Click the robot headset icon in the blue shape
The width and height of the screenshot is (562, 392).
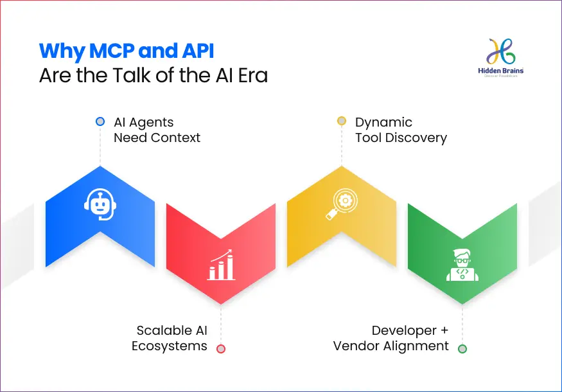[x=100, y=203]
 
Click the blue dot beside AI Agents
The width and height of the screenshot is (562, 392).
[x=100, y=121]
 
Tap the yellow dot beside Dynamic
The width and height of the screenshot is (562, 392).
[x=342, y=121]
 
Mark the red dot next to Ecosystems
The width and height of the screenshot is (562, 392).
[x=221, y=348]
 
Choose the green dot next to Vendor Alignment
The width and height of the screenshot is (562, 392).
[x=462, y=348]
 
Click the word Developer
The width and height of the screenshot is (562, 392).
[x=403, y=330]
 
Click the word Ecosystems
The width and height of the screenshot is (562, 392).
[x=170, y=346]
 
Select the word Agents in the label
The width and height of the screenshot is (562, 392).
[x=153, y=122]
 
